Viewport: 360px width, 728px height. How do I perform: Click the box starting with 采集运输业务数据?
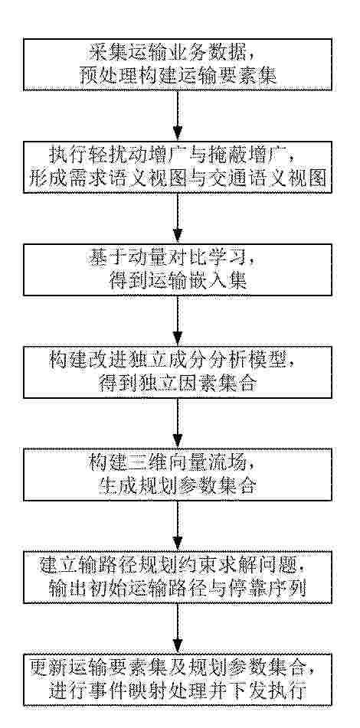(x=178, y=64)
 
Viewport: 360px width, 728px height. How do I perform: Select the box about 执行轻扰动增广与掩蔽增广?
(x=178, y=167)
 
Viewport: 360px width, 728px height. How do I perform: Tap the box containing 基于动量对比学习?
(x=178, y=269)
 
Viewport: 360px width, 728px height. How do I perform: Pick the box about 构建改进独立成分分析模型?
(x=178, y=372)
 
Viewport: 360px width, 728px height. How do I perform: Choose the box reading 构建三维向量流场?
(x=178, y=475)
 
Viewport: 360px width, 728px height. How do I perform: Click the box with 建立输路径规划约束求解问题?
(x=178, y=577)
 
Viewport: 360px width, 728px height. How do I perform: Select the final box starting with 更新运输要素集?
(x=178, y=680)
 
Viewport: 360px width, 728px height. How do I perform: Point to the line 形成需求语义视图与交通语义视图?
(x=178, y=178)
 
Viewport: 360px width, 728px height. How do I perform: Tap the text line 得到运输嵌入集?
(x=178, y=280)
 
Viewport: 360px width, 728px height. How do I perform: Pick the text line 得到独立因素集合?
(x=178, y=383)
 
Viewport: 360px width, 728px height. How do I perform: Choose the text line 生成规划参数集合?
(x=178, y=485)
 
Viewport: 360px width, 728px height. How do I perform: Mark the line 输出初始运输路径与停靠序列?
(x=178, y=588)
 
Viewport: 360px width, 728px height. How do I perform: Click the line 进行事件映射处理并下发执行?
(x=178, y=690)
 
